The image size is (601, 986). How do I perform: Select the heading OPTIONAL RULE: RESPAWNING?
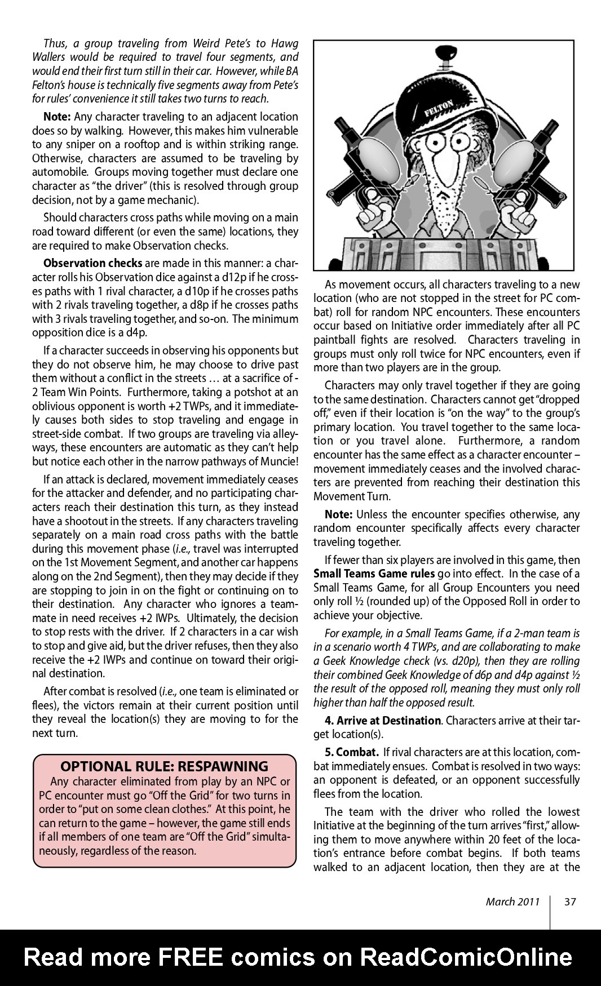point(164,766)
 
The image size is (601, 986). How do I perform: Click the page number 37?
point(570,901)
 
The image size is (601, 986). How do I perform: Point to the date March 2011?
point(512,901)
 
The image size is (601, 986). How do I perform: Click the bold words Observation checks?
point(92,263)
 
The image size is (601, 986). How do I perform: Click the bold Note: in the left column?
point(57,117)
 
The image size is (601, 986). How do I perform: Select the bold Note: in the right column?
point(338,514)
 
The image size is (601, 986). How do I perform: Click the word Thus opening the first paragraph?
point(55,43)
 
